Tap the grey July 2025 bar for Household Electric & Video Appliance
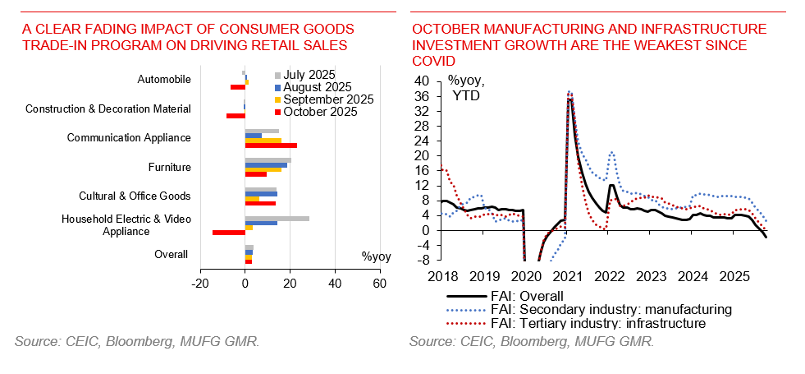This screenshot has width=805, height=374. [277, 219]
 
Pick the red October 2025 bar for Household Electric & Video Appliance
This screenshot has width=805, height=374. [229, 233]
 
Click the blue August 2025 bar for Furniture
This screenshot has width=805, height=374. [266, 165]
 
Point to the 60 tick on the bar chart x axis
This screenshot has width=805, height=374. [379, 284]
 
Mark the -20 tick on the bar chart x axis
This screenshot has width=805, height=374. [199, 284]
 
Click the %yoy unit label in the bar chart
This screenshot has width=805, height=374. [376, 256]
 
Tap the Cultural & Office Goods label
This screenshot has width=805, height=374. [135, 196]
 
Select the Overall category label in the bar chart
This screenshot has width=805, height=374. [172, 255]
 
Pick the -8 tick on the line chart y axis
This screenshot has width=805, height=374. [420, 260]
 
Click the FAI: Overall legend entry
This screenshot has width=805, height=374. [505, 296]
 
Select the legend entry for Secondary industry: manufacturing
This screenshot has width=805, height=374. [589, 310]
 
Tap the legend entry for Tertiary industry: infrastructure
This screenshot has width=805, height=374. [576, 324]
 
